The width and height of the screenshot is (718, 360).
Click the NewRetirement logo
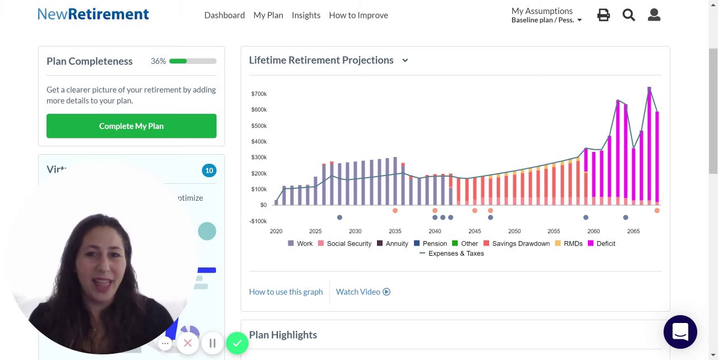click(93, 14)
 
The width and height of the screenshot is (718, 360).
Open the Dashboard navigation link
click(224, 15)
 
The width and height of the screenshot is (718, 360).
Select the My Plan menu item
click(268, 15)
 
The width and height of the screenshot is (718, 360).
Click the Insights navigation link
click(306, 15)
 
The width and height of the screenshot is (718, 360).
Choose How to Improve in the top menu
click(358, 15)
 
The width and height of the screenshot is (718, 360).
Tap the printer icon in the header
click(604, 15)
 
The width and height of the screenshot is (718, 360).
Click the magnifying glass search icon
click(629, 15)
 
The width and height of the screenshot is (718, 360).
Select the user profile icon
click(654, 15)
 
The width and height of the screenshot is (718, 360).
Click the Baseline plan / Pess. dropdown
click(547, 20)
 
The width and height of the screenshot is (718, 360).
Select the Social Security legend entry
click(344, 243)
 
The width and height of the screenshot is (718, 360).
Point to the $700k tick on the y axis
click(259, 94)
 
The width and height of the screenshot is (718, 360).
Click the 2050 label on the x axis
click(514, 231)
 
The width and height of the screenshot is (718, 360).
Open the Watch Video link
click(363, 292)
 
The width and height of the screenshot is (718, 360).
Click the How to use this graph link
click(286, 292)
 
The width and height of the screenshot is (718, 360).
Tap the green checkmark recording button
click(237, 343)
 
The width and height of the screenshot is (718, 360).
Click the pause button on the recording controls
click(213, 343)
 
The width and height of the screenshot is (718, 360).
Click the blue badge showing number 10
click(209, 170)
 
